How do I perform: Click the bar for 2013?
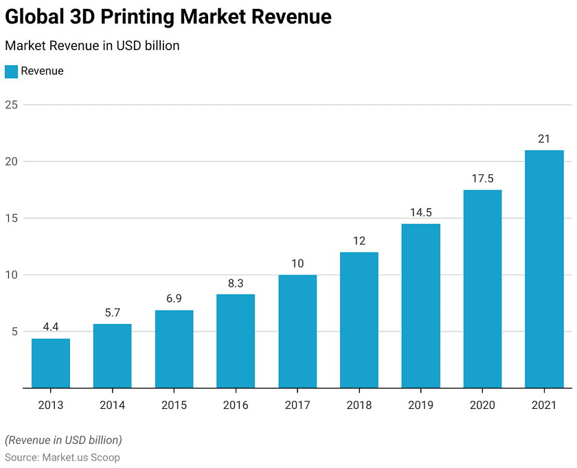click(x=51, y=363)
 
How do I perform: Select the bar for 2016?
click(x=236, y=341)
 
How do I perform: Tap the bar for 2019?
click(x=420, y=305)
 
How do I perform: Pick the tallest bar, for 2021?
click(x=544, y=269)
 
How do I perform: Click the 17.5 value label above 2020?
click(x=482, y=178)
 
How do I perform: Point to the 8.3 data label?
click(x=236, y=283)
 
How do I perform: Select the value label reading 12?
click(x=359, y=241)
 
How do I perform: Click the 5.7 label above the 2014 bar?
click(x=113, y=312)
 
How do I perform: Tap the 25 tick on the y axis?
click(x=10, y=105)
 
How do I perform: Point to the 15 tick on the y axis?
click(x=10, y=218)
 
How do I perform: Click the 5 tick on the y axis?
click(x=13, y=331)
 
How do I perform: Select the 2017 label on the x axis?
click(x=297, y=405)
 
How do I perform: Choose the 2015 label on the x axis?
click(x=174, y=405)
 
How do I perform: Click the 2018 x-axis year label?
click(x=359, y=405)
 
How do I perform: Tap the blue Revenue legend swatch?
click(x=11, y=71)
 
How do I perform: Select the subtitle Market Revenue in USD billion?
click(x=92, y=46)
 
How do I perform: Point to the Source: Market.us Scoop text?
click(x=63, y=457)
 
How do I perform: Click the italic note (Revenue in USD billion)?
click(x=63, y=440)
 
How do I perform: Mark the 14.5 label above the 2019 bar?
click(x=420, y=213)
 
